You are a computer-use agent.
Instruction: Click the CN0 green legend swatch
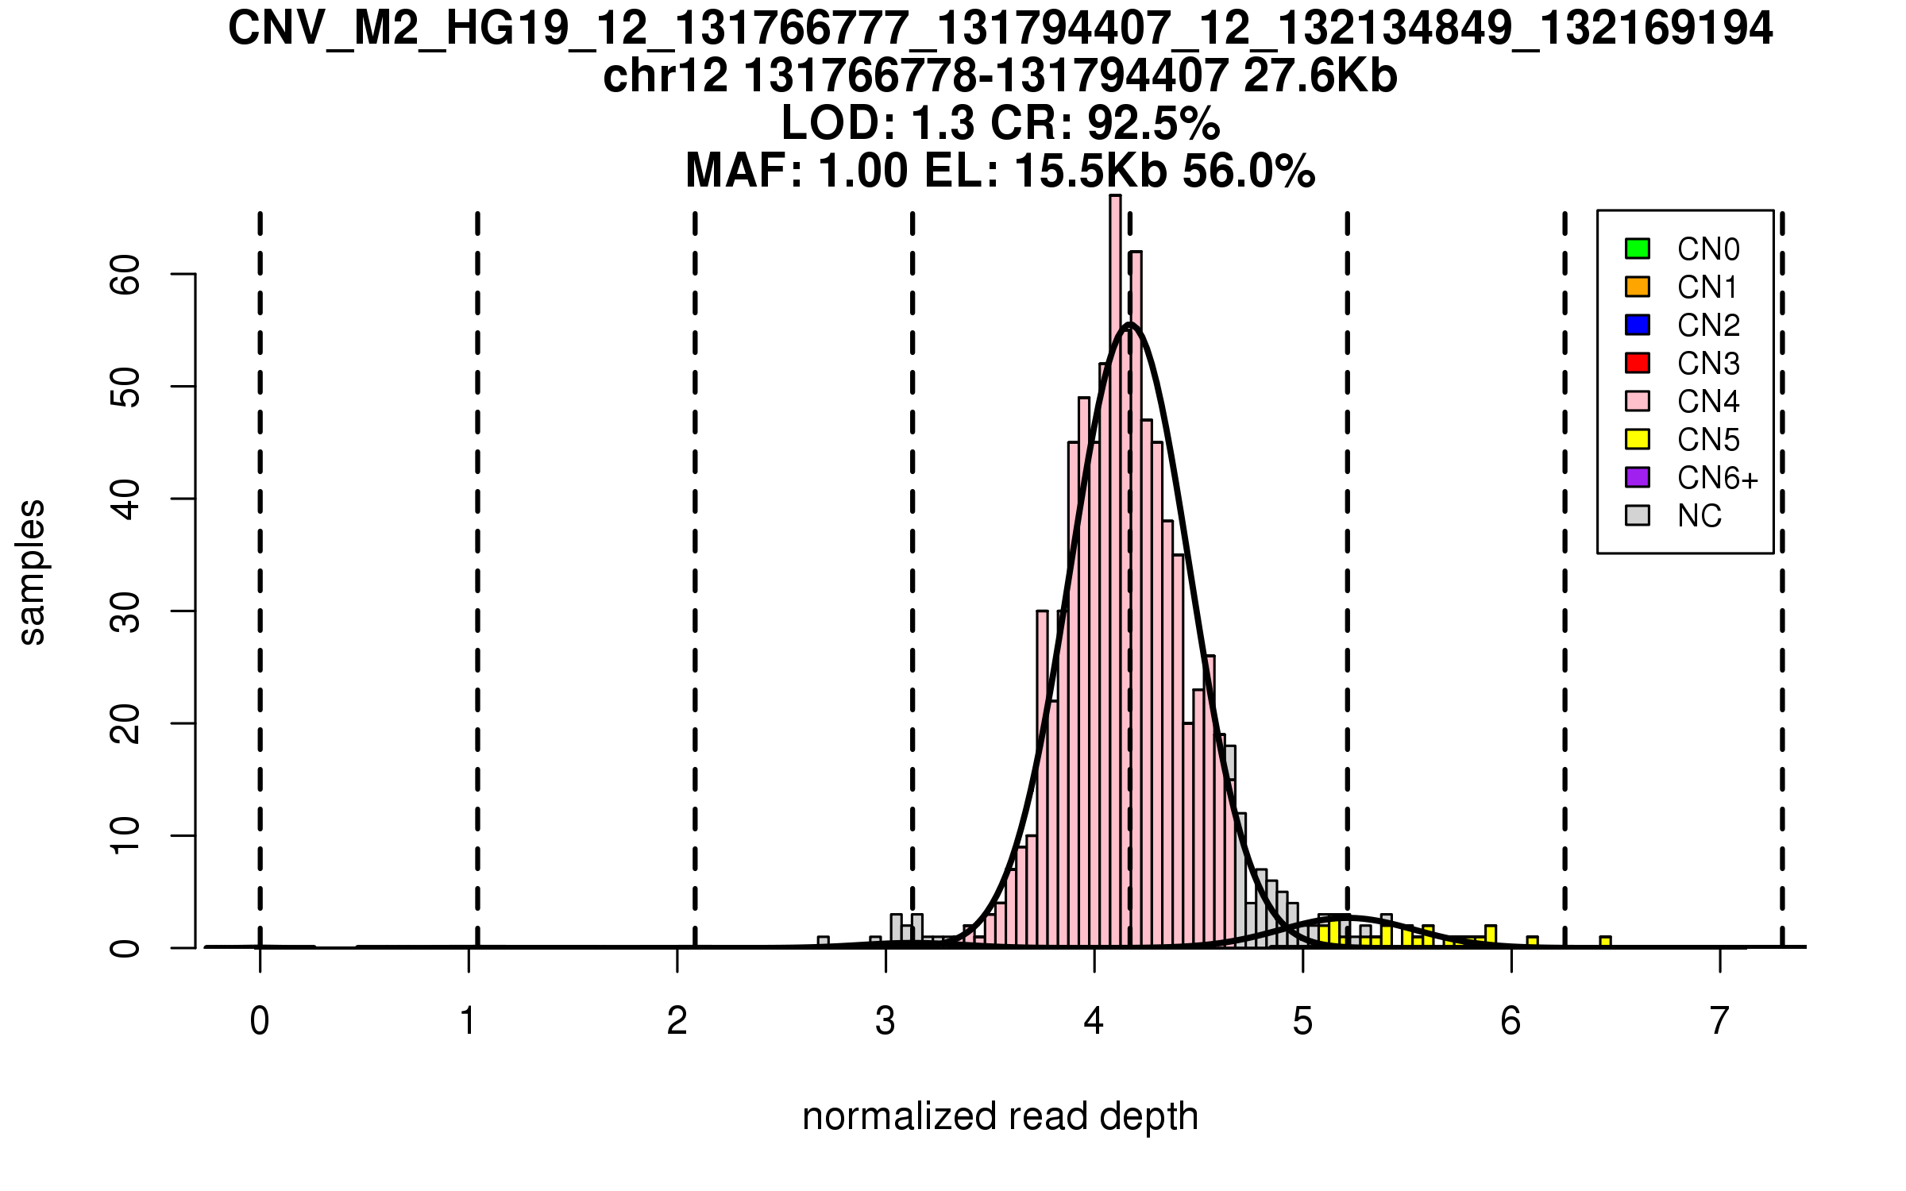[x=1638, y=249]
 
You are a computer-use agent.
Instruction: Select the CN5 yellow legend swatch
[x=1638, y=439]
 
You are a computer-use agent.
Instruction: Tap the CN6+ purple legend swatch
[x=1638, y=477]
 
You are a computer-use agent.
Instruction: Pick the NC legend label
[x=1700, y=516]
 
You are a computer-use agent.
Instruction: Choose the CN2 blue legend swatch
[x=1638, y=325]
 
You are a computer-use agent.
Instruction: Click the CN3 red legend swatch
[x=1638, y=363]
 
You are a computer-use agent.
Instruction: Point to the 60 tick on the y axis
[x=183, y=274]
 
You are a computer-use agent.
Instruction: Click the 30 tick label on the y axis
[x=125, y=611]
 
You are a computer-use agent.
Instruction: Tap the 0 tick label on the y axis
[x=125, y=947]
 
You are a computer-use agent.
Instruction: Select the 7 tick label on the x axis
[x=1719, y=1021]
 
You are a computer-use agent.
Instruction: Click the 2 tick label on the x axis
[x=677, y=1021]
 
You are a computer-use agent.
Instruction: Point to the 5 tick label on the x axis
[x=1302, y=1021]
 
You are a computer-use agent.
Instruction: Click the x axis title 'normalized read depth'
[x=1000, y=1116]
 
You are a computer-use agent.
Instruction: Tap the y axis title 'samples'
[x=32, y=572]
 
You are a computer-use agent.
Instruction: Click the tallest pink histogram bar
[x=1115, y=556]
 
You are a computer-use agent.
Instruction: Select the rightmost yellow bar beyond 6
[x=1605, y=942]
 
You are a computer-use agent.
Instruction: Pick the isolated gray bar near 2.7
[x=824, y=942]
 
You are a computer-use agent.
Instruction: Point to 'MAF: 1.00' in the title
[x=797, y=171]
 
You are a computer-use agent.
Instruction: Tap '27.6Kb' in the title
[x=1320, y=76]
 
